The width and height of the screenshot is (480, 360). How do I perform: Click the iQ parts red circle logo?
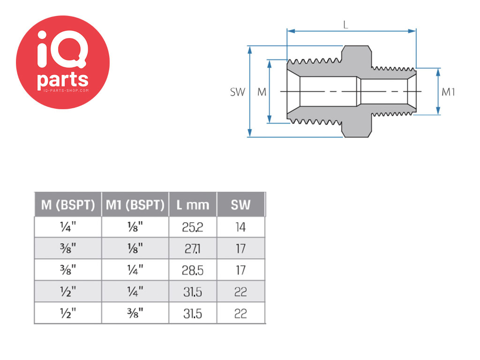(63, 62)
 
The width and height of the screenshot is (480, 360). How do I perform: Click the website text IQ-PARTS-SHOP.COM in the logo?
(66, 90)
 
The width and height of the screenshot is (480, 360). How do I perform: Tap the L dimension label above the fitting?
(345, 24)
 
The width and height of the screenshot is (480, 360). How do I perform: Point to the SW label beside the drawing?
(238, 92)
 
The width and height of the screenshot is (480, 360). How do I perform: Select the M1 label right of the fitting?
(448, 92)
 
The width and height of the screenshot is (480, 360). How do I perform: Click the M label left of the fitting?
(262, 92)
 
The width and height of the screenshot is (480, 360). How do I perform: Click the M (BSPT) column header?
(68, 205)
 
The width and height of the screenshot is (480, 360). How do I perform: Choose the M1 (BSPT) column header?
(135, 205)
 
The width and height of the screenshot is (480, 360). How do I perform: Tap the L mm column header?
(193, 205)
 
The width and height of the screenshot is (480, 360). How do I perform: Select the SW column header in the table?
(240, 205)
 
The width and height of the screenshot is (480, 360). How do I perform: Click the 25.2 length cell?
(193, 227)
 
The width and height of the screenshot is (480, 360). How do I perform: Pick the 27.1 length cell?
(193, 248)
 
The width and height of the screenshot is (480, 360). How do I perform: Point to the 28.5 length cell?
(193, 270)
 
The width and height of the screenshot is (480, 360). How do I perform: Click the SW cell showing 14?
(240, 227)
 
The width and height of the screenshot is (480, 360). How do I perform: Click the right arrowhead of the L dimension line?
(412, 31)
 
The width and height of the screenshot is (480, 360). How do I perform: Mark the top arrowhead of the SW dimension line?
(250, 50)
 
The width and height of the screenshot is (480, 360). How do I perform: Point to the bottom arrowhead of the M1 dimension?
(438, 111)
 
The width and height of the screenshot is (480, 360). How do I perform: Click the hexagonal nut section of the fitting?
(357, 91)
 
